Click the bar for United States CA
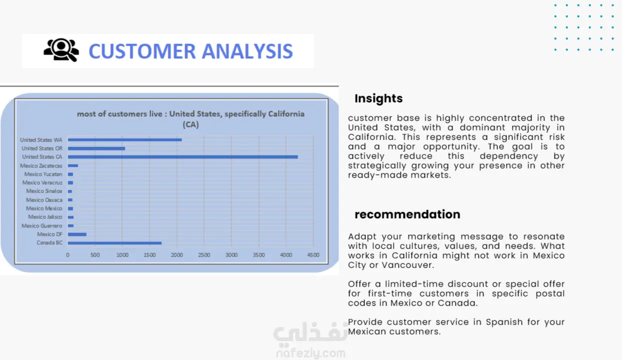pyautogui.click(x=182, y=157)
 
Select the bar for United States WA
pyautogui.click(x=125, y=139)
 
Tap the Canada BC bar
pyautogui.click(x=114, y=243)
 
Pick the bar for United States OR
pyautogui.click(x=96, y=148)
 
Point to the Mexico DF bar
pyautogui.click(x=77, y=234)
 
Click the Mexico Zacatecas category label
pyautogui.click(x=41, y=166)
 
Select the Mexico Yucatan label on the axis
pyautogui.click(x=43, y=174)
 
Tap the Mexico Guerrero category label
pyautogui.click(x=42, y=226)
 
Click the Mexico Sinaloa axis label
pyautogui.click(x=44, y=191)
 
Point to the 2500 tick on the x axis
pyautogui.click(x=204, y=255)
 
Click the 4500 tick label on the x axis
pyautogui.click(x=313, y=255)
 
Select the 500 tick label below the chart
pyautogui.click(x=95, y=255)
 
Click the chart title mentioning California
pyautogui.click(x=191, y=119)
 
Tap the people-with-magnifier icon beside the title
pyautogui.click(x=61, y=50)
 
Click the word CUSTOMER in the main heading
pyautogui.click(x=142, y=51)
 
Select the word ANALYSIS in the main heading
pyautogui.click(x=247, y=51)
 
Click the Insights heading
pyautogui.click(x=378, y=98)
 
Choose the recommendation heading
pyautogui.click(x=407, y=214)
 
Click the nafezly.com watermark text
pyautogui.click(x=311, y=353)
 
